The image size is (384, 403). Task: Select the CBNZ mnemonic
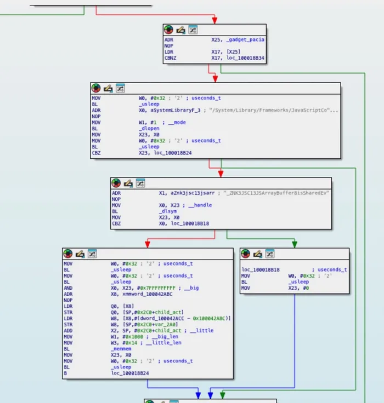(x=171, y=58)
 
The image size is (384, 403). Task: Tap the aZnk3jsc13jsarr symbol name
(x=187, y=193)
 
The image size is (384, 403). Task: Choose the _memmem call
(x=121, y=348)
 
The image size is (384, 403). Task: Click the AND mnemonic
(x=69, y=288)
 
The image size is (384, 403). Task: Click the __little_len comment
(x=166, y=343)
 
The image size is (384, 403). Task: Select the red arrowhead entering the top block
(x=214, y=21)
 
